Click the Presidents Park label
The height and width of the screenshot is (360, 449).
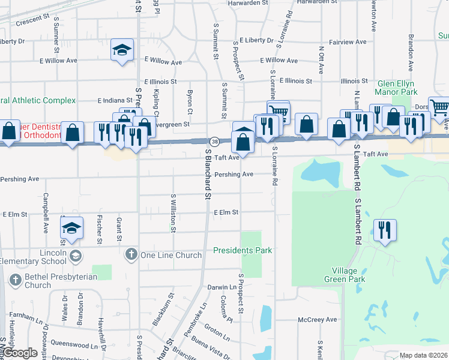243,250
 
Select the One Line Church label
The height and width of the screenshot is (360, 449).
170,255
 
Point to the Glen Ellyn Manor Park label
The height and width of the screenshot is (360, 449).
396,88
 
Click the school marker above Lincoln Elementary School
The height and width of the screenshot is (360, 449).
71,229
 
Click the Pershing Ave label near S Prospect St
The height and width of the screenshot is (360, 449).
234,175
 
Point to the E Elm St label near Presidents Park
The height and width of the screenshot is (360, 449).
226,212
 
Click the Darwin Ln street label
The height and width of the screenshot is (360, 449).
217,288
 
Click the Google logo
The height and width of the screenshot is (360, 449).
20,353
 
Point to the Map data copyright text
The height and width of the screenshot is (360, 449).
424,355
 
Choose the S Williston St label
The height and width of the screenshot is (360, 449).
173,212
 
